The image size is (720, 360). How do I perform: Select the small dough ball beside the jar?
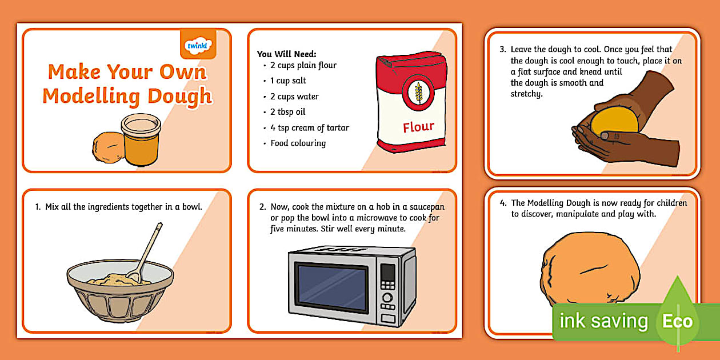107,147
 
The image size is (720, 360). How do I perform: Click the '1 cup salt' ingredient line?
288,81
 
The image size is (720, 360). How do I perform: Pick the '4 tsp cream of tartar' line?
309,127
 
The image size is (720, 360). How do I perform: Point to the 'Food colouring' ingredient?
298,143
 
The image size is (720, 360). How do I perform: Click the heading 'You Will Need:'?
286,54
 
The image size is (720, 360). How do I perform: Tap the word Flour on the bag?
418,127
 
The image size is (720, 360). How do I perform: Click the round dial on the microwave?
387,298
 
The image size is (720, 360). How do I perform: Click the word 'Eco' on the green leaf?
677,321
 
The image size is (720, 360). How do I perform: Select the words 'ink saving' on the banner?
603,321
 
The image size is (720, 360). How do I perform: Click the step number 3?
503,50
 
